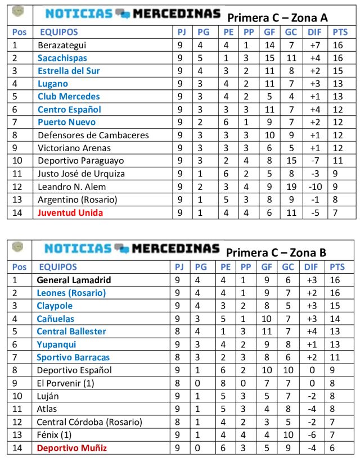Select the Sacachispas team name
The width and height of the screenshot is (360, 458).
(62, 58)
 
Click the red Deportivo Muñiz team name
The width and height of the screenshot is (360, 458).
(71, 448)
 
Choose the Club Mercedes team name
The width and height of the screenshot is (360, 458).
(69, 97)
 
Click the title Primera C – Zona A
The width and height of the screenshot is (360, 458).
(277, 17)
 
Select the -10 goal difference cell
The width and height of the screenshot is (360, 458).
(313, 187)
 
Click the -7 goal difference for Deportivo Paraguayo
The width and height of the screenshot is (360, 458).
(313, 161)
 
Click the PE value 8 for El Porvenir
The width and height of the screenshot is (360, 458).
(226, 383)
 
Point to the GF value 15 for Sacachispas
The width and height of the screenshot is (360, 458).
(269, 58)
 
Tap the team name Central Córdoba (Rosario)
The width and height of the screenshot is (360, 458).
(89, 422)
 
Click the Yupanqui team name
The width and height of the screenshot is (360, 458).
(56, 344)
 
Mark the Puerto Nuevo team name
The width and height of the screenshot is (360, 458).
(66, 123)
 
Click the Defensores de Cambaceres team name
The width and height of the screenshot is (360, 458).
(93, 135)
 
